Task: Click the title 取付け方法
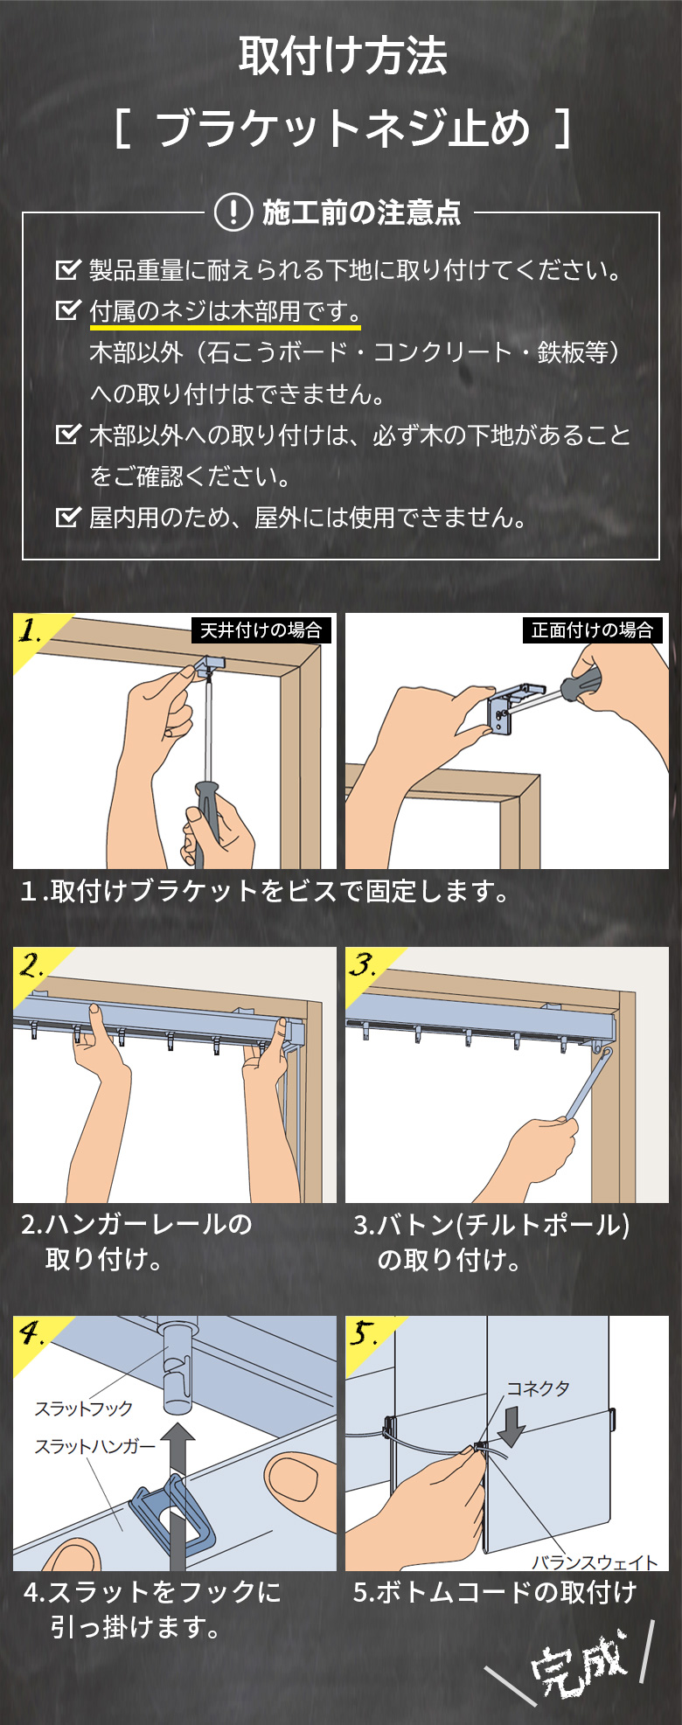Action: point(343,56)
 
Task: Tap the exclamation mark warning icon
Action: point(233,212)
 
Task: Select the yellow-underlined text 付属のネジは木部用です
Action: point(225,311)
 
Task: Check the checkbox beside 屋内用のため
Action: point(67,517)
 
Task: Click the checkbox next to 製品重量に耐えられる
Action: point(67,269)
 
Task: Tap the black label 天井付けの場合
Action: point(261,630)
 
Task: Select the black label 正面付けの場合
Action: point(592,630)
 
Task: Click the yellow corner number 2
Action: point(32,966)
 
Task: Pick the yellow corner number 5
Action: point(363,1334)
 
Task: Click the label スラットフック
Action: point(83,1409)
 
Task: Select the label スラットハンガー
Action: point(94,1447)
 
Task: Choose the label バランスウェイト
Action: point(595,1561)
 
